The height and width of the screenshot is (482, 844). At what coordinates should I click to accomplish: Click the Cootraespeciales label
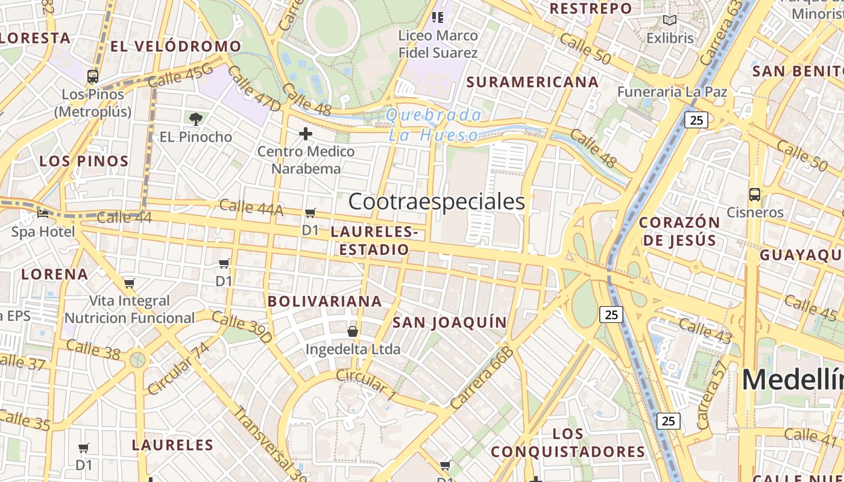pos(436,202)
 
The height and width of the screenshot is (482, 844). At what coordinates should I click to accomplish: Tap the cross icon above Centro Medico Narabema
pos(306,133)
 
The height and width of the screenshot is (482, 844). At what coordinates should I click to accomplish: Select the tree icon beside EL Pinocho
pos(195,119)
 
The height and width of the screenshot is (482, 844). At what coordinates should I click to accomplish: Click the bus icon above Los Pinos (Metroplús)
pos(93,77)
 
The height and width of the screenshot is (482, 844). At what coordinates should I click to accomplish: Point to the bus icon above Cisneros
pos(754,195)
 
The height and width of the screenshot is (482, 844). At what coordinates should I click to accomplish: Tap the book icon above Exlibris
pos(669,20)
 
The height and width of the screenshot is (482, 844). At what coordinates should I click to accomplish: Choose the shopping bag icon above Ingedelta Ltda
pos(353,331)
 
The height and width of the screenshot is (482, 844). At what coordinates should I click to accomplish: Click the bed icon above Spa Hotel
pos(43,214)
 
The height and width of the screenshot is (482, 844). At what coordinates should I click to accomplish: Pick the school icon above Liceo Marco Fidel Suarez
pos(438,17)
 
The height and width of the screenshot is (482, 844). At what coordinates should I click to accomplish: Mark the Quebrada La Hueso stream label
pos(434,125)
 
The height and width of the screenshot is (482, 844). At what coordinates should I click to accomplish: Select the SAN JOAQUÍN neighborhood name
pos(450,322)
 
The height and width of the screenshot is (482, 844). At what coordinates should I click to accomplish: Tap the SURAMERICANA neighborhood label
pos(533,82)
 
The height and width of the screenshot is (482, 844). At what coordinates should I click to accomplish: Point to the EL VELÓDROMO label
pos(175,46)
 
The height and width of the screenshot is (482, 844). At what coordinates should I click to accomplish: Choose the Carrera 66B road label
pos(482,378)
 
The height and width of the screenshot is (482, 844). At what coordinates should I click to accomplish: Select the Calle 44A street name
pos(251,207)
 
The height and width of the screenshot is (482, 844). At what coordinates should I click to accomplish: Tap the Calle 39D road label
pos(242,327)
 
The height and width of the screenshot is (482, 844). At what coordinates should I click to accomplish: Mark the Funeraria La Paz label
pos(672,92)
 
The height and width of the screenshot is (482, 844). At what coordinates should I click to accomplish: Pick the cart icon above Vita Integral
pos(129,283)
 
